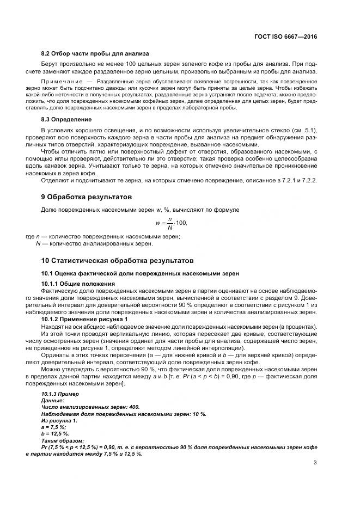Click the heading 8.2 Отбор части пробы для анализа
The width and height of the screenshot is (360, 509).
95,54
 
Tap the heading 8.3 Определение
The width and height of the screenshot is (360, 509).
66,119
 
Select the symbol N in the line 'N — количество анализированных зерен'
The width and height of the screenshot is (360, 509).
38,243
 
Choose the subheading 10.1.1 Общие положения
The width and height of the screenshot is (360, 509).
78,284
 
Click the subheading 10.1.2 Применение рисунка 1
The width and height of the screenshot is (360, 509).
85,319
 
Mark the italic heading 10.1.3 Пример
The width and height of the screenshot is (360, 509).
60,394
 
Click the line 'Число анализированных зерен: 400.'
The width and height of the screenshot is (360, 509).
90,407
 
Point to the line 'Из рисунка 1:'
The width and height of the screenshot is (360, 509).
59,420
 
